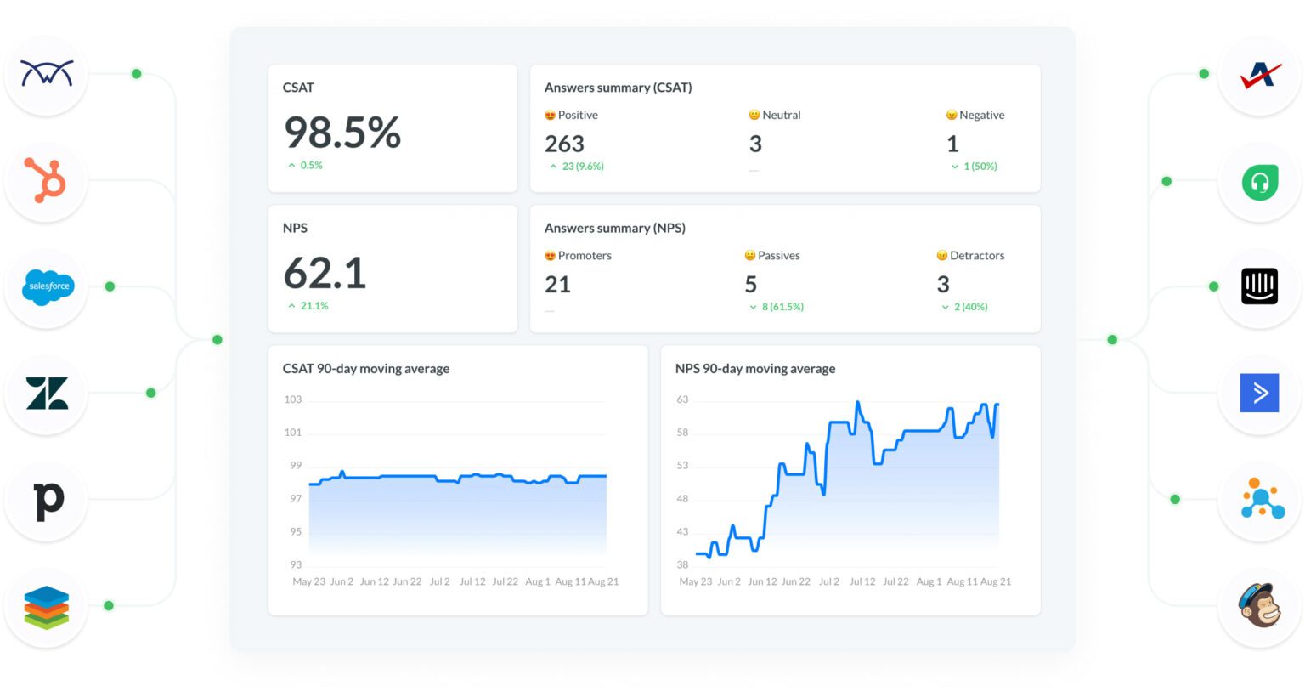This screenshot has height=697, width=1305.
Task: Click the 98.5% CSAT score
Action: click(x=342, y=133)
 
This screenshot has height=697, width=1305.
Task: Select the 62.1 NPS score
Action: click(x=325, y=274)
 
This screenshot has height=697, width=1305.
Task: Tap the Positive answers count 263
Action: click(x=564, y=144)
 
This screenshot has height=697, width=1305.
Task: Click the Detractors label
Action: click(x=976, y=255)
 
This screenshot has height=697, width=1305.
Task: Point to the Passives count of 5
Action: click(x=750, y=284)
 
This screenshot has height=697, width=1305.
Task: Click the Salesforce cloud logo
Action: click(x=48, y=286)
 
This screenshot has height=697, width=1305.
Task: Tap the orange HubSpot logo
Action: click(x=46, y=180)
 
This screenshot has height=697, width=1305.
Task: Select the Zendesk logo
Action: click(x=47, y=394)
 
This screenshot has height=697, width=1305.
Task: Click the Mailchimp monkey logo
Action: click(x=1259, y=605)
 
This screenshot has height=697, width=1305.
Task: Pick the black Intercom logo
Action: click(x=1259, y=286)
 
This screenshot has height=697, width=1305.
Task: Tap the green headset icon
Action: click(x=1259, y=182)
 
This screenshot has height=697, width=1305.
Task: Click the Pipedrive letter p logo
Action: click(x=48, y=500)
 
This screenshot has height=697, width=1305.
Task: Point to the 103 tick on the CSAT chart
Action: click(x=293, y=399)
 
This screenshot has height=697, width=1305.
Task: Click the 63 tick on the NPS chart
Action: click(x=682, y=399)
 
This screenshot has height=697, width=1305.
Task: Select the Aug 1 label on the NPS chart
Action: click(x=929, y=582)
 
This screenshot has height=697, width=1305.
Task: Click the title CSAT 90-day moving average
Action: click(x=366, y=369)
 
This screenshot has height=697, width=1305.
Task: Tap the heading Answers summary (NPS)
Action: click(x=614, y=228)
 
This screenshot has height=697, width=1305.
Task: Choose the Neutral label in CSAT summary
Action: click(x=781, y=115)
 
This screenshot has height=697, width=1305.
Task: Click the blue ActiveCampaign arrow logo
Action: click(x=1259, y=393)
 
